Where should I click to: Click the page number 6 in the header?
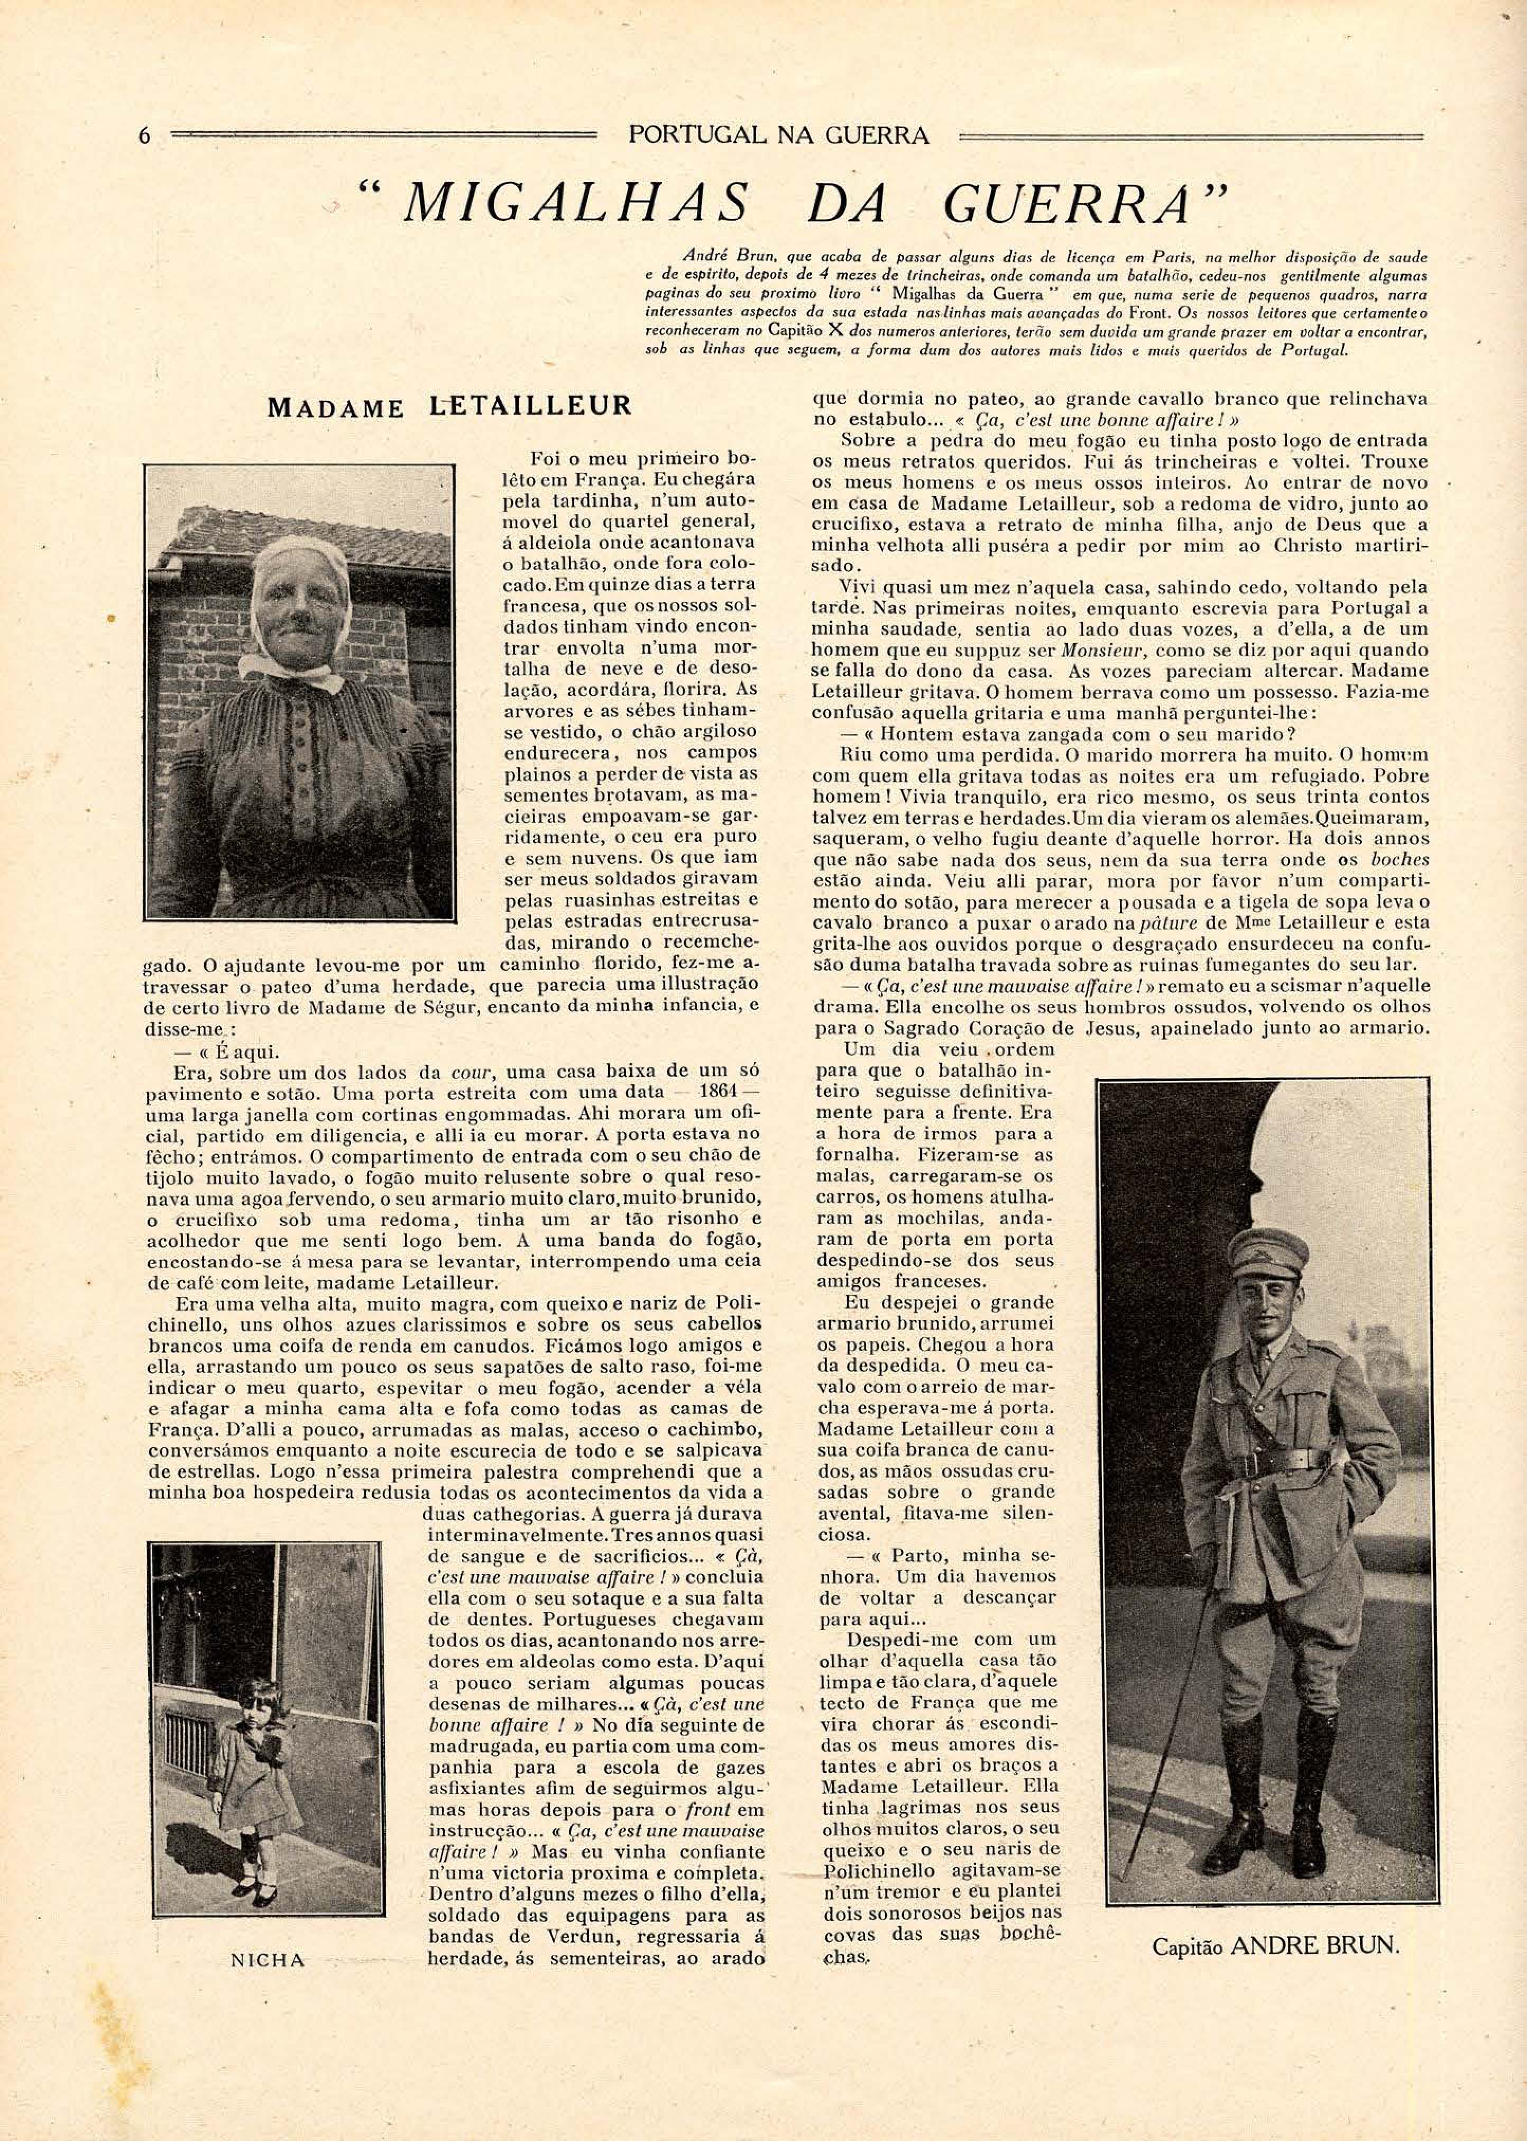point(144,135)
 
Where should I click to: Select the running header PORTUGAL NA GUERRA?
point(778,135)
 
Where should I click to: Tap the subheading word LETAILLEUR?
point(529,407)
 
